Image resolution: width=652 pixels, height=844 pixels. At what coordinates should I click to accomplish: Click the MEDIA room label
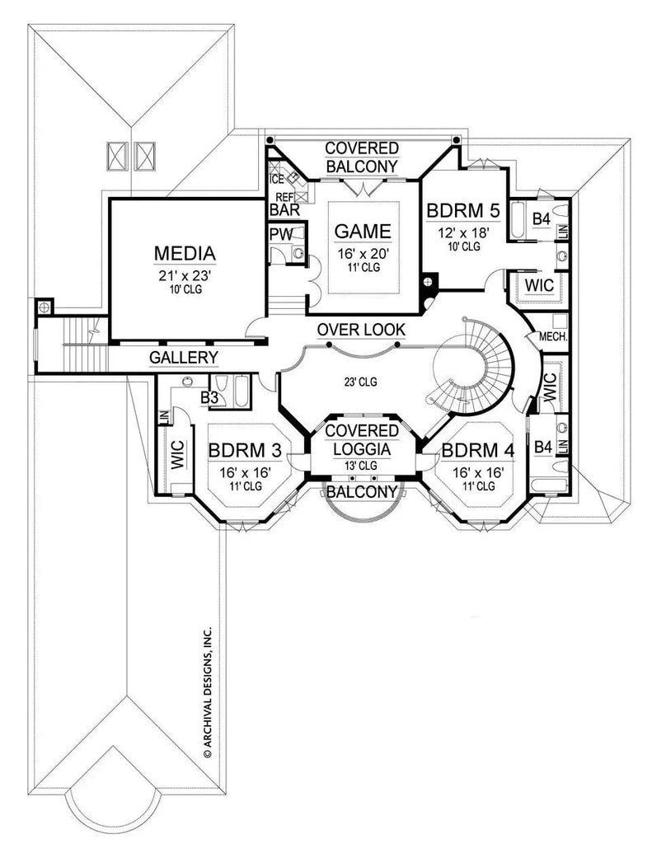coord(185,252)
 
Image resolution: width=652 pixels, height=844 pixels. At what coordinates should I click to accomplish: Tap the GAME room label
coord(363,231)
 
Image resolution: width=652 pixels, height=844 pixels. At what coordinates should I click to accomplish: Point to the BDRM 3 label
coord(245,451)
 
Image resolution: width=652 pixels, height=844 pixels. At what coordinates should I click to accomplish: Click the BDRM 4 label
coord(478,451)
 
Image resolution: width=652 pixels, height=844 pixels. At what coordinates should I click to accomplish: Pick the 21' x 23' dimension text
coord(185,274)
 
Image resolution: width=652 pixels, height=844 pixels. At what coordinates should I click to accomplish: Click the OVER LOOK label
coord(362,330)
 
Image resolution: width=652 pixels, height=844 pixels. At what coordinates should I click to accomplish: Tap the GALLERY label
coord(184,357)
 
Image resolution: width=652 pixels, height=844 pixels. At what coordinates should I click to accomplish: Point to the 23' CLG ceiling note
coord(360,382)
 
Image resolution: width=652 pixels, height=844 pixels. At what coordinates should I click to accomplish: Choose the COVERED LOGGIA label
coord(362,440)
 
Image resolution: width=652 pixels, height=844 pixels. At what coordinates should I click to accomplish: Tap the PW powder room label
coord(280,235)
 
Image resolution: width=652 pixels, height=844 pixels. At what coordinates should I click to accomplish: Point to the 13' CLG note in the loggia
coord(362,466)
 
